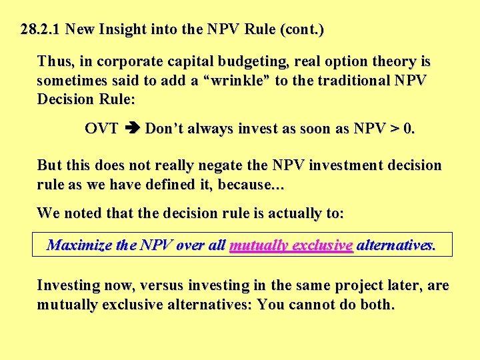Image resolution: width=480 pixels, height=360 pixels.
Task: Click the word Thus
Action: click(x=55, y=62)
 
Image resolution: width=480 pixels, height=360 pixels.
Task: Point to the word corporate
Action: click(x=126, y=62)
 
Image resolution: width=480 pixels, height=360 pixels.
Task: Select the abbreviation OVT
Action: click(x=101, y=128)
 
